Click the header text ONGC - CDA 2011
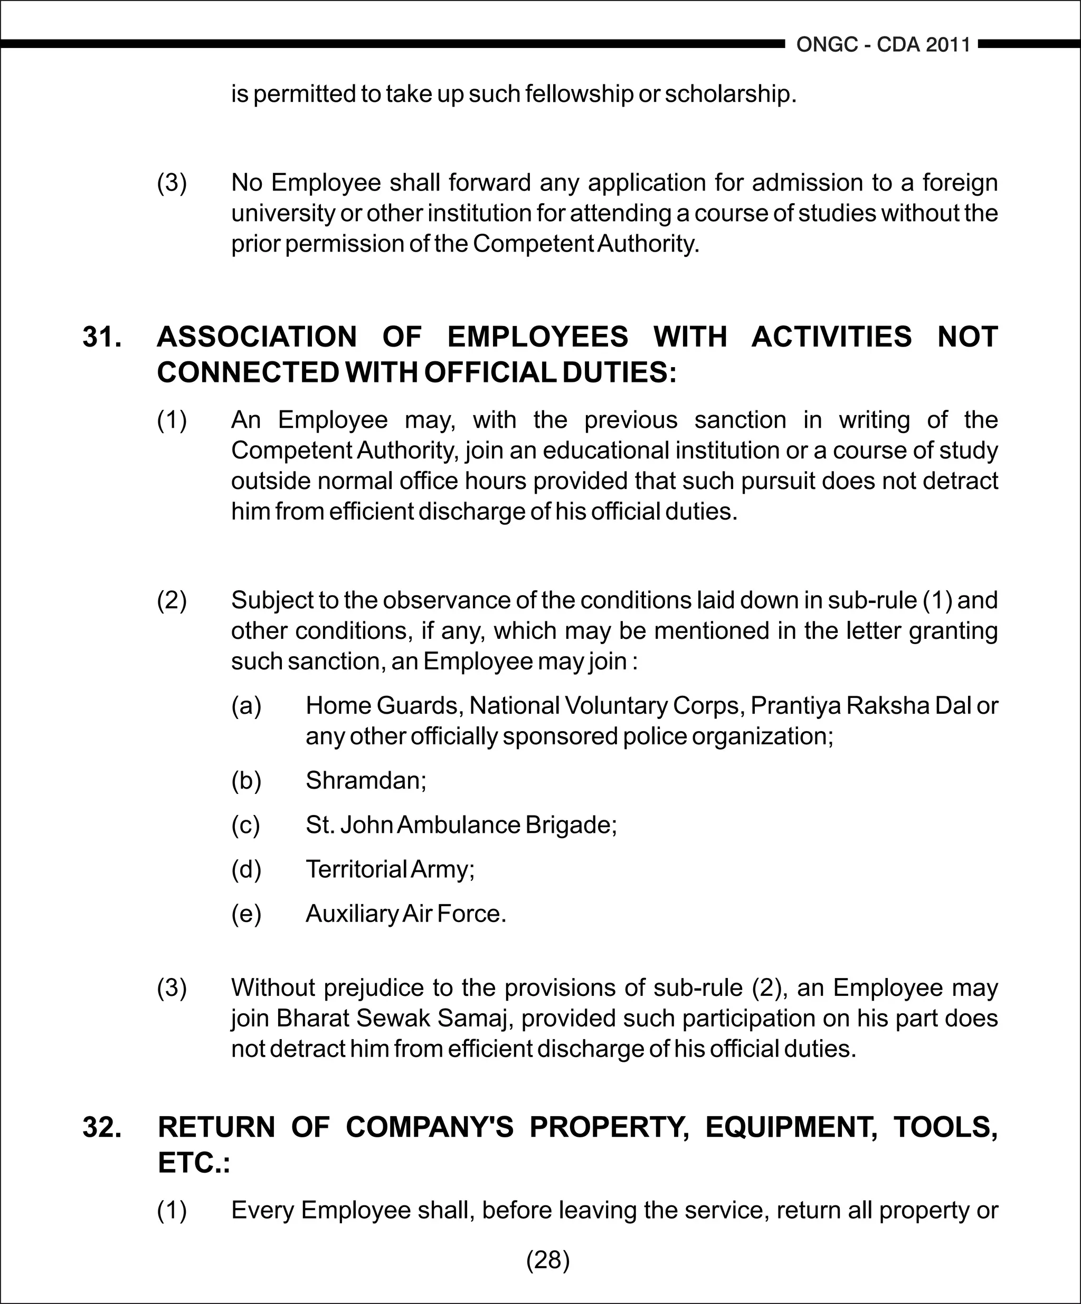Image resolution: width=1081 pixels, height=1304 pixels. (x=883, y=45)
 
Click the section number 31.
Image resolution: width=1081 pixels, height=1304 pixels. (x=102, y=337)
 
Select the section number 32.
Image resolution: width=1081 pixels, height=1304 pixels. (x=102, y=1127)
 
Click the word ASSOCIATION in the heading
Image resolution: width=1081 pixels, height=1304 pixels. (x=257, y=337)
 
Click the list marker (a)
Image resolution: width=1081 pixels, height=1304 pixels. (x=246, y=706)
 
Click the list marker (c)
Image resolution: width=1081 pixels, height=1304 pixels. (x=245, y=825)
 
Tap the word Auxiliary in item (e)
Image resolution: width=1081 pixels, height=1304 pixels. (x=352, y=914)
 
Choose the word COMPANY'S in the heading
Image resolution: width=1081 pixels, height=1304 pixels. (x=429, y=1127)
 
